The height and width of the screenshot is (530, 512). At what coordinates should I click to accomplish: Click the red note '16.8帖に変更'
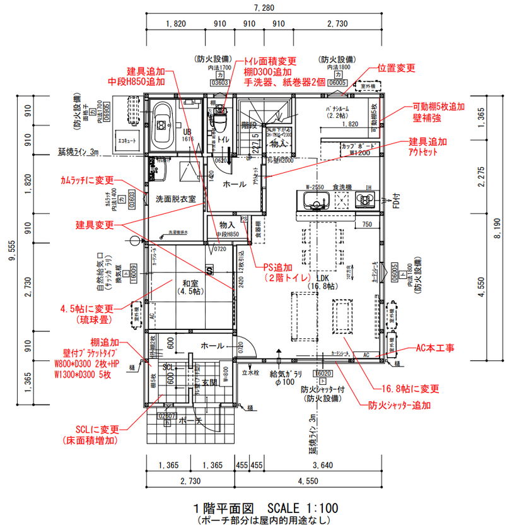(414, 388)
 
